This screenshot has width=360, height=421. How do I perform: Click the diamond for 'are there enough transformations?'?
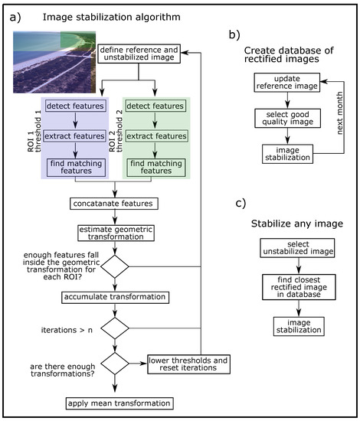coord(115,363)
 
